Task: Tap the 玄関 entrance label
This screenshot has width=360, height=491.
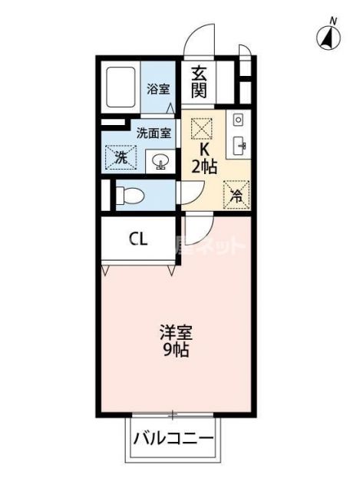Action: click(200, 82)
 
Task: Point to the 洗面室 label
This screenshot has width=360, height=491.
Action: click(154, 131)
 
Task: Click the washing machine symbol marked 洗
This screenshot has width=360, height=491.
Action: click(120, 159)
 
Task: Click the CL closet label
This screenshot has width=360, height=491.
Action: click(138, 239)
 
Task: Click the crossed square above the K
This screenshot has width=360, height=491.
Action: click(200, 126)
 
